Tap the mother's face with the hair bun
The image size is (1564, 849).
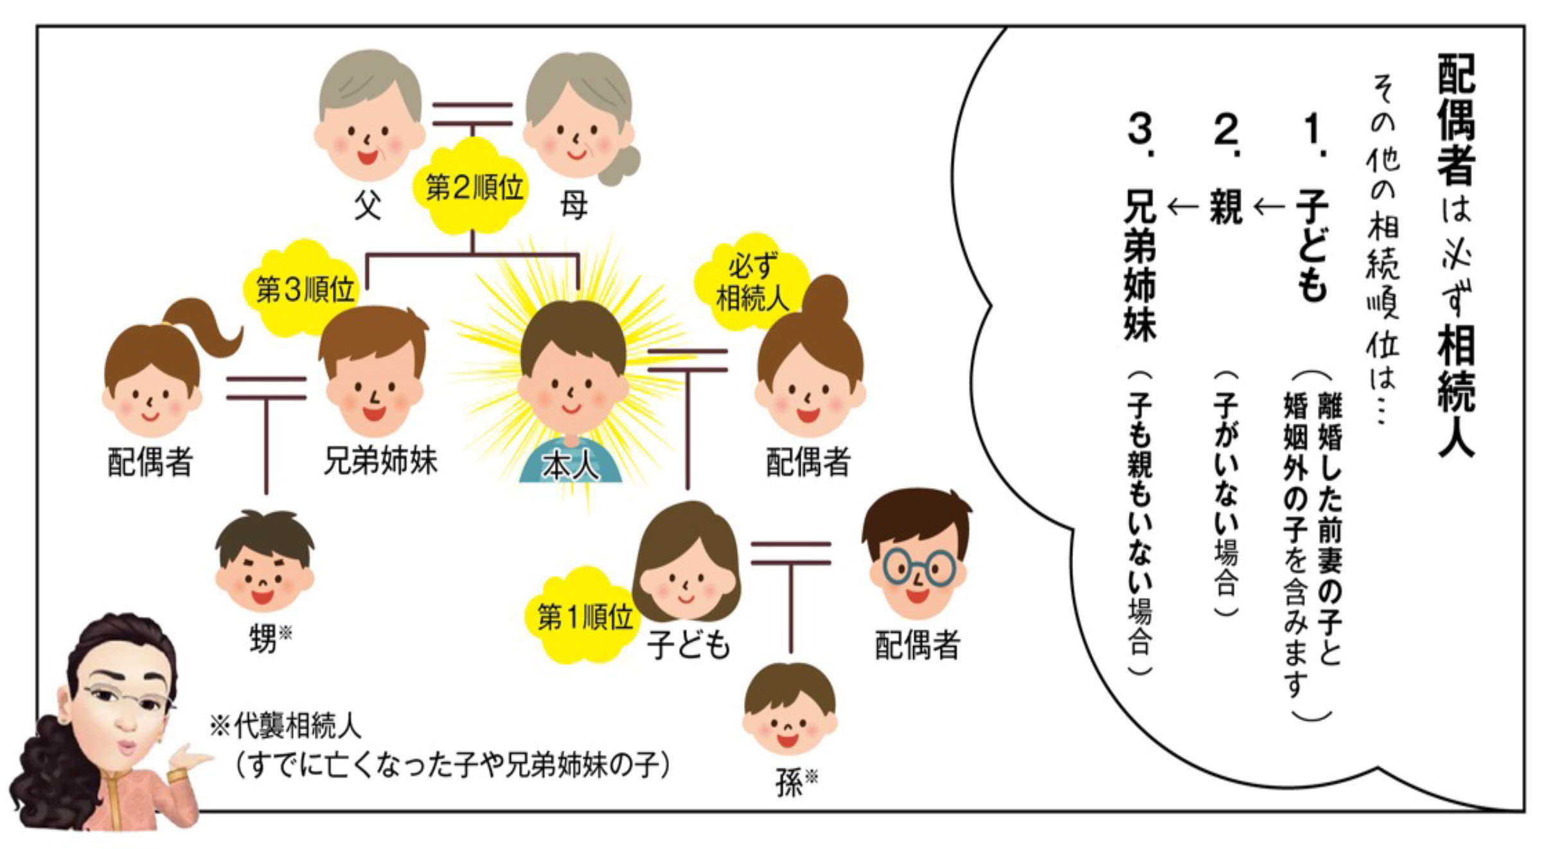pos(577,128)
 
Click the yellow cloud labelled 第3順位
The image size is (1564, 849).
pos(304,289)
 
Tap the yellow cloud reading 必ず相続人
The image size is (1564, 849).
pos(751,283)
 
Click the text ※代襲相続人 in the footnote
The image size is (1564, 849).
pos(286,726)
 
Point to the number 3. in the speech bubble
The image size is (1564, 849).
pos(1142,135)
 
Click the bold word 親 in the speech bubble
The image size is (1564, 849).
pos(1225,207)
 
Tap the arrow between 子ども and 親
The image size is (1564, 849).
pos(1268,207)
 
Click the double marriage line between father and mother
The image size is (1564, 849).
pos(472,114)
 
